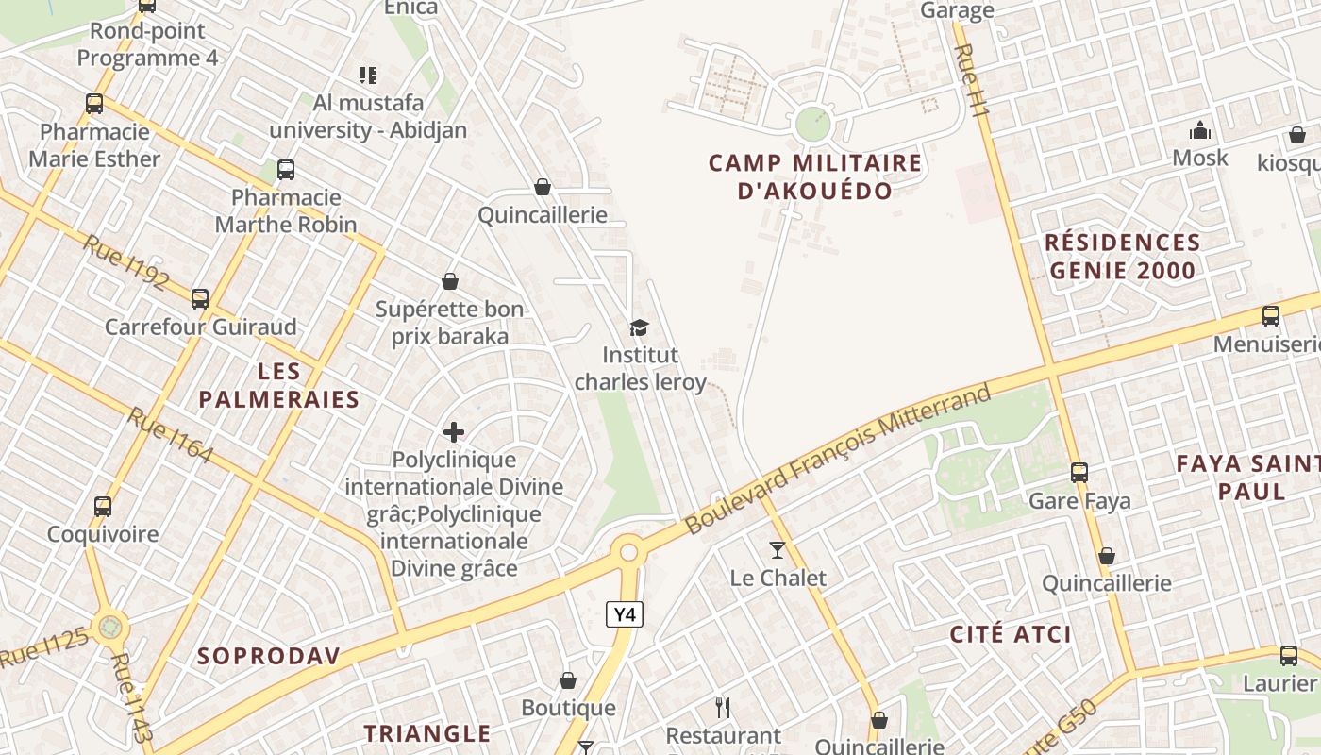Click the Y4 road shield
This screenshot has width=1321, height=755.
(624, 615)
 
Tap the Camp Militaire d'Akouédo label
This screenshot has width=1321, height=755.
(814, 176)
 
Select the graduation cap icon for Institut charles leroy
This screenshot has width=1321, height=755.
(640, 327)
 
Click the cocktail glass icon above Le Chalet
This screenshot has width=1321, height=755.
(778, 549)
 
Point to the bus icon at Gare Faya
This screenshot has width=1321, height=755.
(1079, 472)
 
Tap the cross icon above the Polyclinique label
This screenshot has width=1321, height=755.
(454, 432)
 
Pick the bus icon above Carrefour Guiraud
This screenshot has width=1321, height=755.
(200, 299)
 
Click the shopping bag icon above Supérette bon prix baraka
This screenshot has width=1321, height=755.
(450, 281)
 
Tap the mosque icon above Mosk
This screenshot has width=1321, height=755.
(1200, 130)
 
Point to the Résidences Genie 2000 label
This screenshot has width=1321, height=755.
(1122, 257)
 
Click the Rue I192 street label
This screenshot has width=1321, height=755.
(125, 261)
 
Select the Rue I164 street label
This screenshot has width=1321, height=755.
(170, 435)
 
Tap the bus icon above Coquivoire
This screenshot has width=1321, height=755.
(103, 506)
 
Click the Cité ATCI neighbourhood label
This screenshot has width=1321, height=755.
(1011, 634)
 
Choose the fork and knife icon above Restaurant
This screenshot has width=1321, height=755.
(723, 708)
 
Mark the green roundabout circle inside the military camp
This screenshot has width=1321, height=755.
(812, 124)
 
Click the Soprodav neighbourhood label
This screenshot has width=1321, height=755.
(268, 656)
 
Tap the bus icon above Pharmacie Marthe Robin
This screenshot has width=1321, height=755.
(286, 170)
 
